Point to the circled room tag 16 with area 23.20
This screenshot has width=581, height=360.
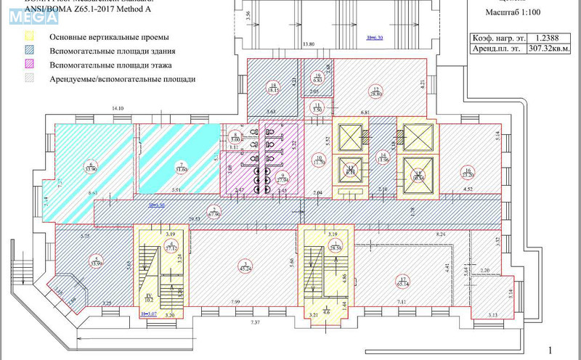click(468, 172)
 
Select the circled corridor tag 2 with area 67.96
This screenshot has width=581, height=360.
click(214, 212)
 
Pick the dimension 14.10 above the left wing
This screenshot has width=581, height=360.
click(117, 108)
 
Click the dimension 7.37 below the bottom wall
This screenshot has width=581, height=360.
click(255, 322)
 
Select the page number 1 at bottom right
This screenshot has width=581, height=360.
click(550, 351)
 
